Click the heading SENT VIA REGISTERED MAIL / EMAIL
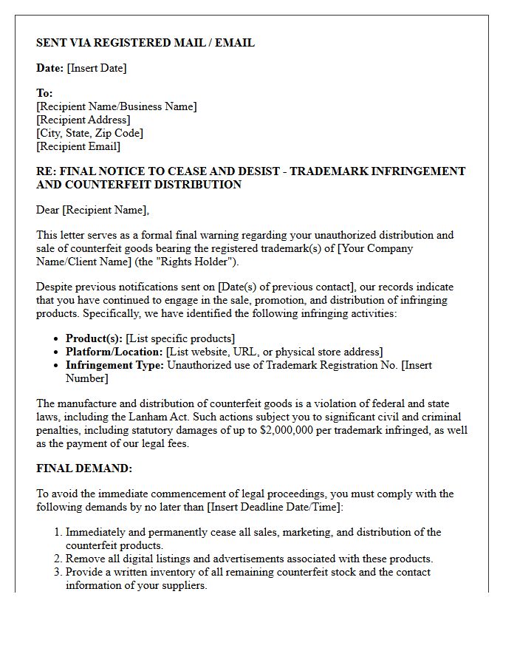(145, 43)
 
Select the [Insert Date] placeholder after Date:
(97, 68)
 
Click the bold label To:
(44, 93)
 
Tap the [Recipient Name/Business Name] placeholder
(117, 106)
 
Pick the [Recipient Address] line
(83, 120)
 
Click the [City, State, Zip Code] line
(89, 133)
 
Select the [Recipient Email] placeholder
(78, 146)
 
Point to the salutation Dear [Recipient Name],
(92, 210)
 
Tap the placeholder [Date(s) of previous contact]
(287, 287)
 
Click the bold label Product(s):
(94, 338)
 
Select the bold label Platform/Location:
(114, 352)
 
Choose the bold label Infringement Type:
(114, 365)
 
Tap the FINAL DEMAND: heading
(84, 468)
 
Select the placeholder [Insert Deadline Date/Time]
(273, 507)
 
